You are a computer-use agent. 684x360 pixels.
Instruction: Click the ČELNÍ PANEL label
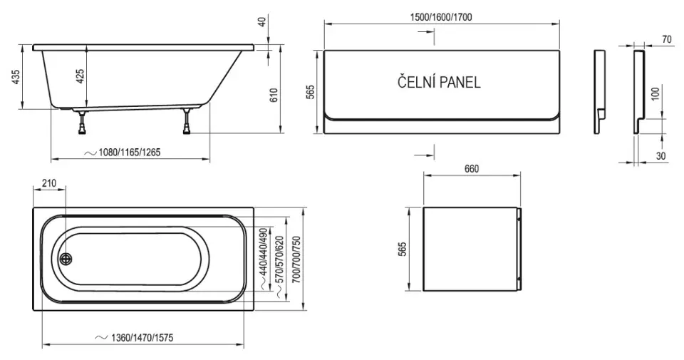[x=439, y=82]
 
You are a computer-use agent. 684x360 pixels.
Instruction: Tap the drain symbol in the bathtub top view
[x=66, y=259]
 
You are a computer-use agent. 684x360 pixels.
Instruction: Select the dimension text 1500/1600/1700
[x=441, y=17]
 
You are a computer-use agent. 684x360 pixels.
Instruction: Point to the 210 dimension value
[x=48, y=183]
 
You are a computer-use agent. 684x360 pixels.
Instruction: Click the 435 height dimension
[x=16, y=77]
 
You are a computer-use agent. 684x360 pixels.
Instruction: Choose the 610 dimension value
[x=274, y=95]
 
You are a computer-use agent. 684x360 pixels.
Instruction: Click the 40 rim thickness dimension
[x=262, y=21]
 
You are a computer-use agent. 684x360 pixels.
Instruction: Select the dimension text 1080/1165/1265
[x=129, y=153]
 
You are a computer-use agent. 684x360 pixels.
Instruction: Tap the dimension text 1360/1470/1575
[x=142, y=338]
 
